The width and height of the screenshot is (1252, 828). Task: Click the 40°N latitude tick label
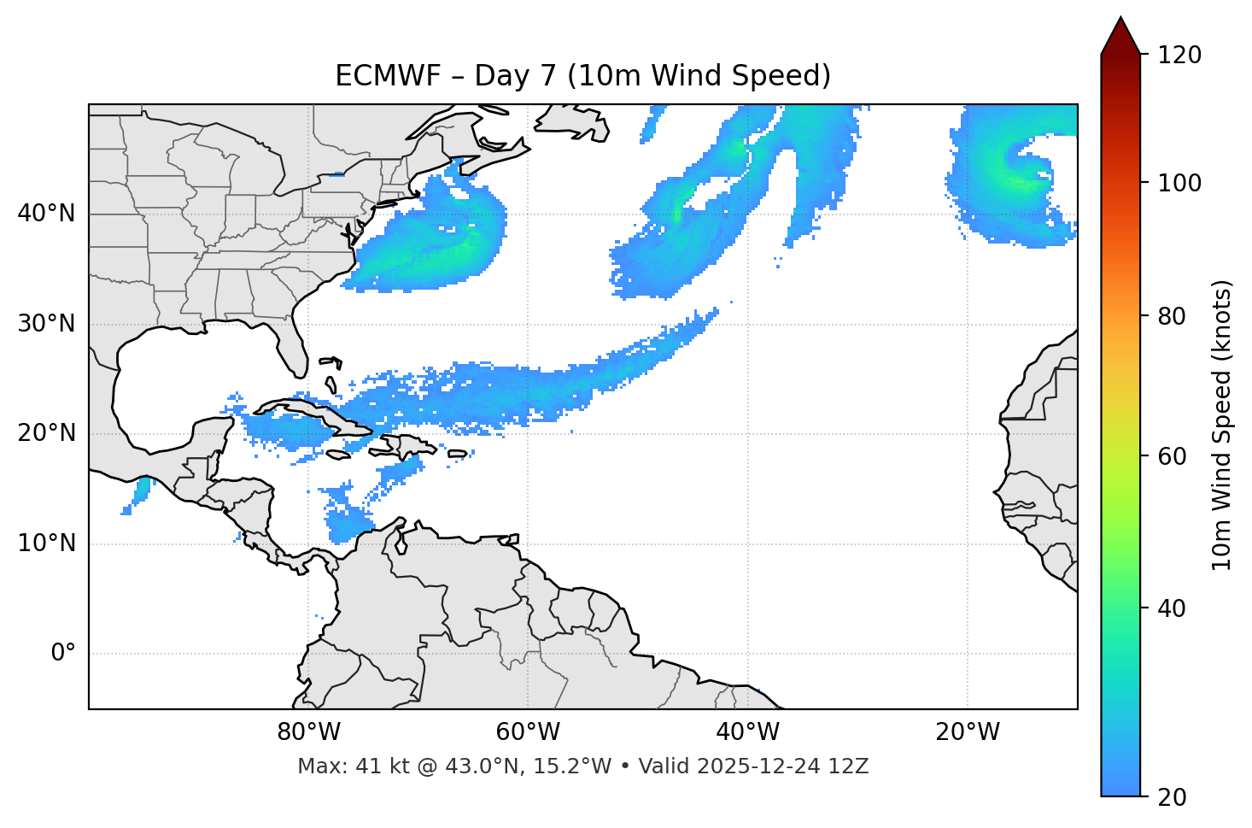coord(46,214)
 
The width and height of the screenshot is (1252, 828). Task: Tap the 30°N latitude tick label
coord(46,324)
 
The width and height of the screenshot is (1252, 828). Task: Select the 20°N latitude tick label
coord(46,433)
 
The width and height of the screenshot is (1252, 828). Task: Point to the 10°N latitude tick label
coord(46,543)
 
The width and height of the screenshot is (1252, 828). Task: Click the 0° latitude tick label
coord(63,654)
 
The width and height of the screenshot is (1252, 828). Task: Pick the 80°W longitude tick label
coord(308,732)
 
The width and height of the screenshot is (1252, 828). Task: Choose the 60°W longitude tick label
coord(528,732)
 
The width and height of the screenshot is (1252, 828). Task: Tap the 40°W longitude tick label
coord(747,732)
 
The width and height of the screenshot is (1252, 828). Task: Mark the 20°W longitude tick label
coord(968,732)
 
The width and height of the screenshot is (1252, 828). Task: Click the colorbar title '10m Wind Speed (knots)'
coord(1222,426)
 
